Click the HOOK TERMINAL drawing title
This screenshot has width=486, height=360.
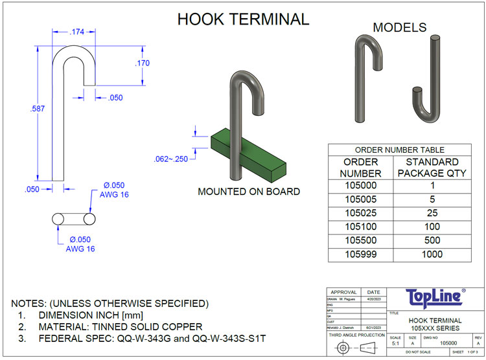[x=243, y=19]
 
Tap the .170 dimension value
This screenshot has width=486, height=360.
[x=143, y=63]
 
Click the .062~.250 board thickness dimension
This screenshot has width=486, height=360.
[x=171, y=159]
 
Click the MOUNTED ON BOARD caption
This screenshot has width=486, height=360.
[x=249, y=192]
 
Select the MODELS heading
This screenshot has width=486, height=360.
[x=400, y=27]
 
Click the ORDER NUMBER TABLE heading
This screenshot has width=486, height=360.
[x=399, y=150]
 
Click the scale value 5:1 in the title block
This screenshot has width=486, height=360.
[x=395, y=344]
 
